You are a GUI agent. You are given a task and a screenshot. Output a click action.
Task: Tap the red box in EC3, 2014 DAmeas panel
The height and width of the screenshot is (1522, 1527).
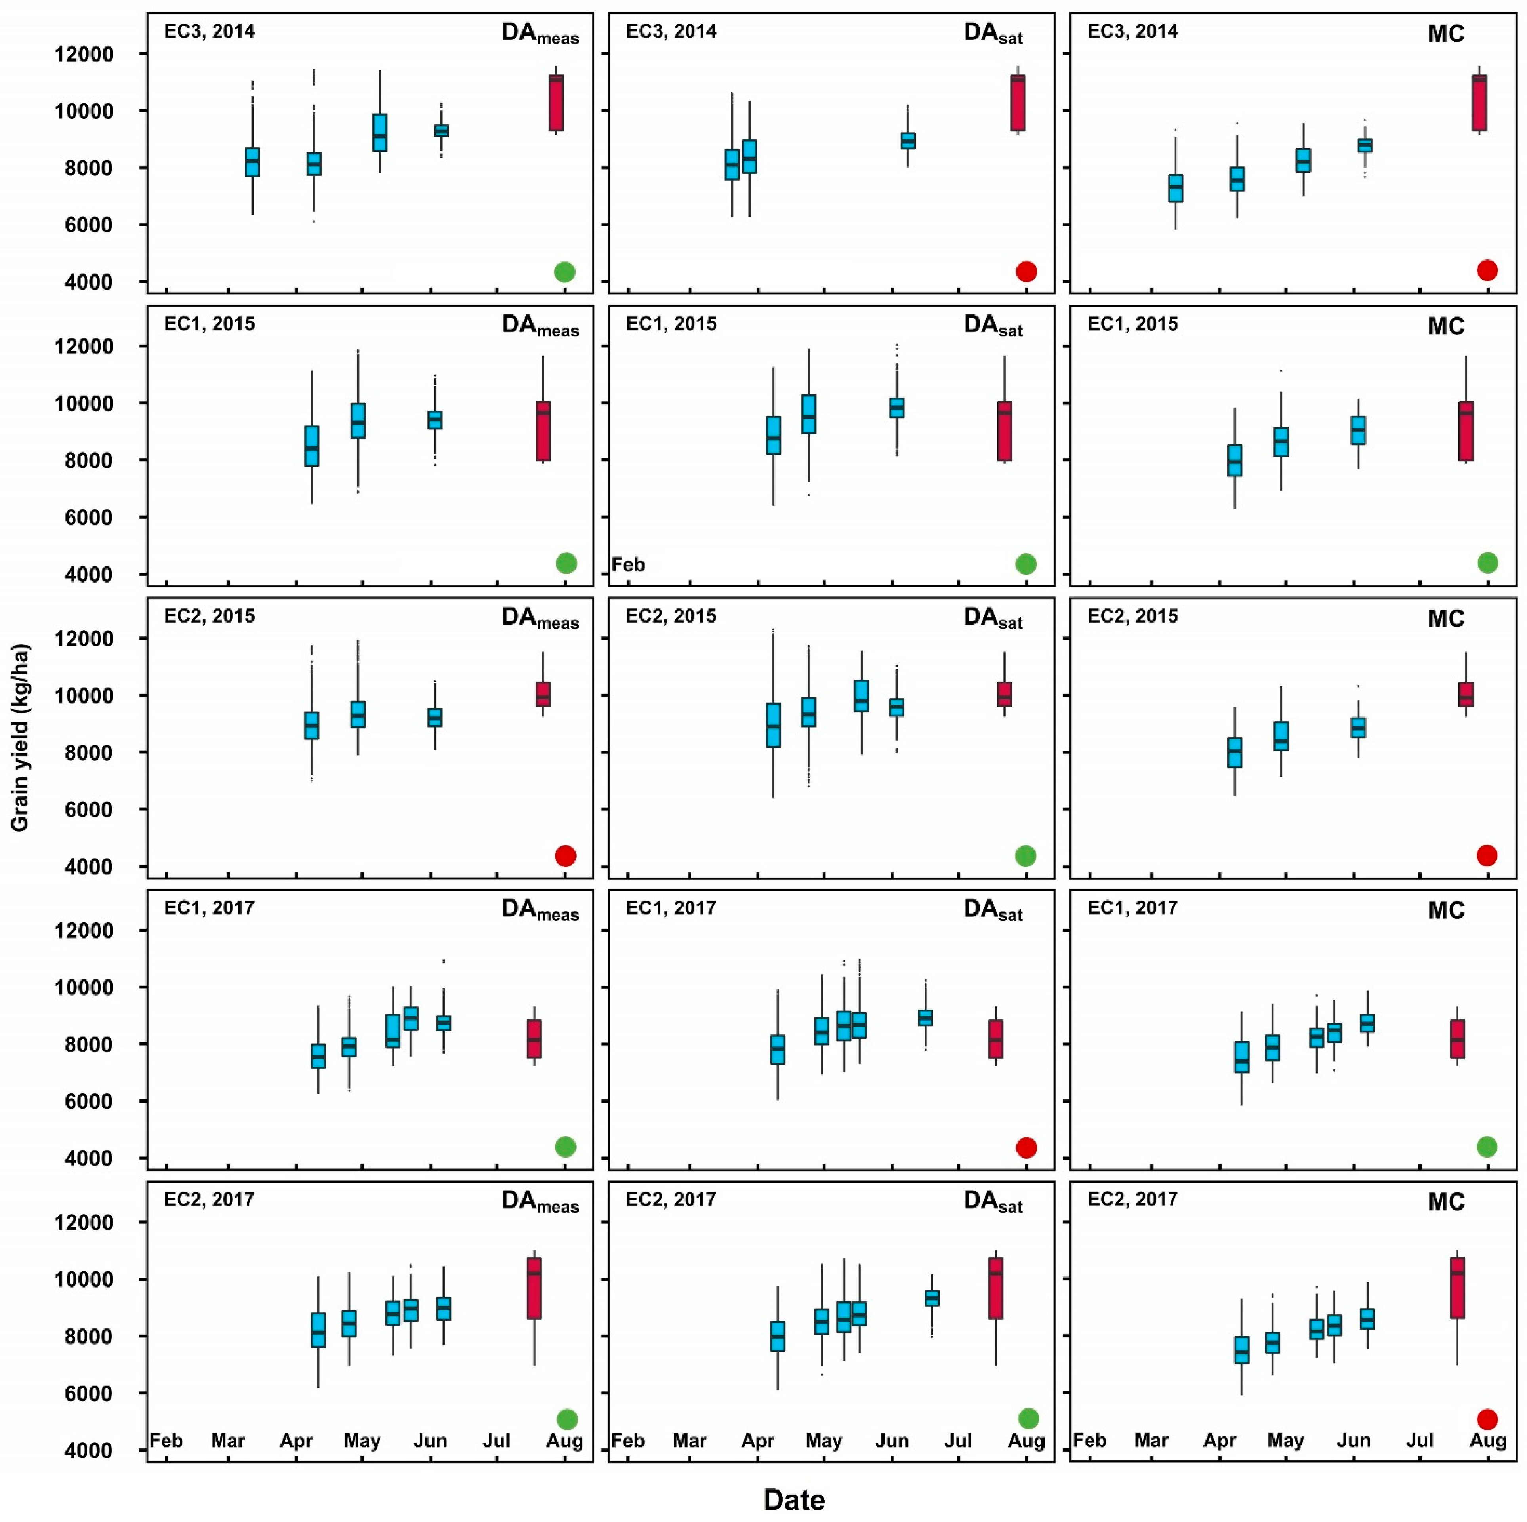pyautogui.click(x=556, y=103)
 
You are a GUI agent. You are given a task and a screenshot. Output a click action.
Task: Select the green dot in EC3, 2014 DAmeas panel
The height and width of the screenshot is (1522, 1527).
pyautogui.click(x=564, y=272)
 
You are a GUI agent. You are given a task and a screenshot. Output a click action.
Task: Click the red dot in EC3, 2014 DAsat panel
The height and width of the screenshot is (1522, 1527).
pyautogui.click(x=1026, y=272)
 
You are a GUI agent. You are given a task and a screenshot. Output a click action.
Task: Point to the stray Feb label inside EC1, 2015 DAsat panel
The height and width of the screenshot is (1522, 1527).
pyautogui.click(x=628, y=564)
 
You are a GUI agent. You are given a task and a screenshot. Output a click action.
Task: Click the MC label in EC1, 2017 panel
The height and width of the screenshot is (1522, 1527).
pyautogui.click(x=1445, y=911)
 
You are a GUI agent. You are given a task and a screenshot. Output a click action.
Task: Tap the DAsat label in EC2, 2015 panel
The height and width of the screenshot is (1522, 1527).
pyautogui.click(x=993, y=618)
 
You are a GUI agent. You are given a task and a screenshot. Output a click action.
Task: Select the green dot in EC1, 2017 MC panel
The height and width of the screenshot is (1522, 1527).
pyautogui.click(x=1487, y=1147)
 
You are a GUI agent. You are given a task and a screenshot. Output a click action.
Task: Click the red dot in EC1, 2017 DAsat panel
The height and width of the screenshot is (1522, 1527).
pyautogui.click(x=1026, y=1147)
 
